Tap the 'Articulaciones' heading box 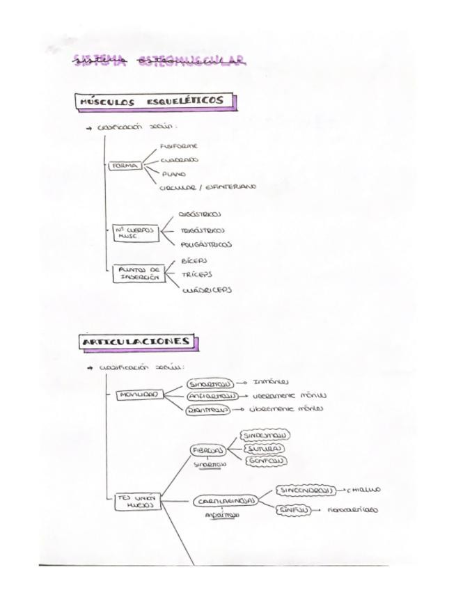click(136, 342)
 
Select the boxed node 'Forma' click(125, 166)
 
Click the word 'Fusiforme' click(179, 146)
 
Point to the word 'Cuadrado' click(179, 160)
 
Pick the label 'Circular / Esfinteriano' click(207, 186)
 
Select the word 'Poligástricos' click(206, 244)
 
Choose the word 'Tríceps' click(197, 275)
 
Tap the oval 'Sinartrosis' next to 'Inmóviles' click(210, 383)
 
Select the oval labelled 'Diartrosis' click(208, 410)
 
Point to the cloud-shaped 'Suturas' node click(265, 448)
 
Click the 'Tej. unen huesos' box click(139, 502)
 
